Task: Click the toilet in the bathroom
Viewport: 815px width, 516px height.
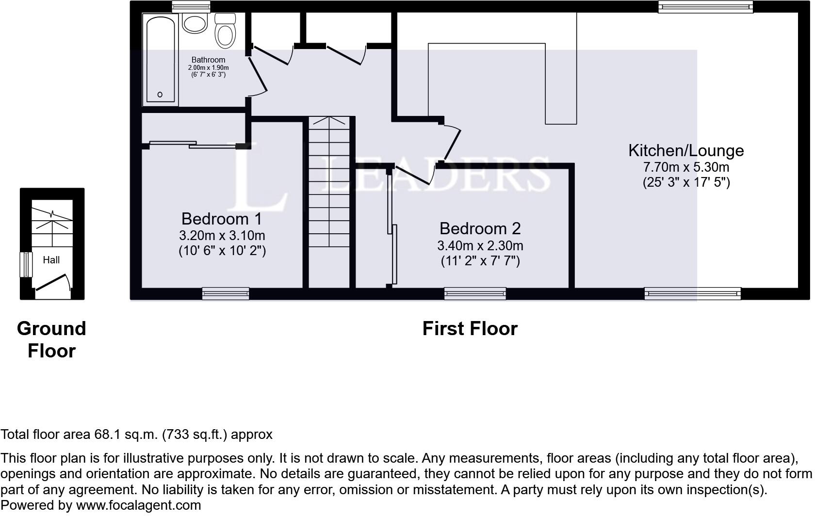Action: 225,31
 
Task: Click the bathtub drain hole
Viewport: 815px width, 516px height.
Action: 160,95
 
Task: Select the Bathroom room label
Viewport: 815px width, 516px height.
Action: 209,60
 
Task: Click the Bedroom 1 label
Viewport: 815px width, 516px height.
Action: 222,219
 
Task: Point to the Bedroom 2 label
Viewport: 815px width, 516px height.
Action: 480,229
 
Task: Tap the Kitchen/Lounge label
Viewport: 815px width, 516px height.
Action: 686,150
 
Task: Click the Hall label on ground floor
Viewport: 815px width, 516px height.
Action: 51,260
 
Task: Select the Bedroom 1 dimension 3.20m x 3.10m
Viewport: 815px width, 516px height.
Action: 222,236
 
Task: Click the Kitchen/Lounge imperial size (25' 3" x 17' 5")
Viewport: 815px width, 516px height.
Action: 686,182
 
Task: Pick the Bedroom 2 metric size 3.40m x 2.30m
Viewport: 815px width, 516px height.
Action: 480,246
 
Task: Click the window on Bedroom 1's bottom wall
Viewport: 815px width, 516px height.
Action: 226,293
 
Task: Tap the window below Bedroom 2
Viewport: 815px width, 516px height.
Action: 475,293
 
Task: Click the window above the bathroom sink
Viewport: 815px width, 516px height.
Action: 191,6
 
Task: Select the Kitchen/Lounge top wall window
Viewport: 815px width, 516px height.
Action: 705,6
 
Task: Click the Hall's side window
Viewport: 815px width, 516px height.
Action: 26,264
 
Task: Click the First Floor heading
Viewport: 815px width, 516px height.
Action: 470,329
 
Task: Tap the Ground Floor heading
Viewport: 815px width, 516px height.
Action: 51,339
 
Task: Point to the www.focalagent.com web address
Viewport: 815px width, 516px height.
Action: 138,505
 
